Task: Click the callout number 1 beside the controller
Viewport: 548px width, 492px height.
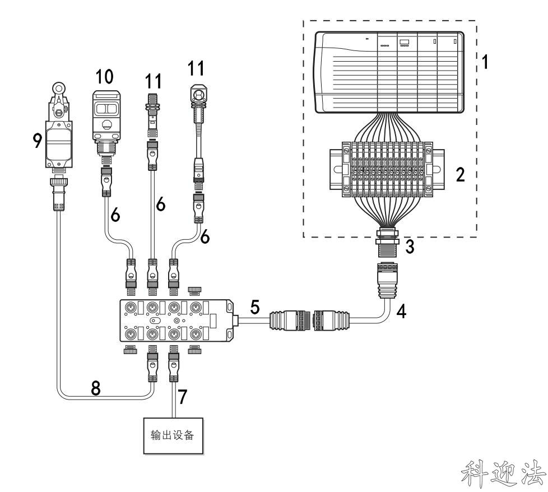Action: click(485, 62)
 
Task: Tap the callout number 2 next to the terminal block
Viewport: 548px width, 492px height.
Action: click(460, 174)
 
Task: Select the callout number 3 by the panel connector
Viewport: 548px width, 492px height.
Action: click(410, 247)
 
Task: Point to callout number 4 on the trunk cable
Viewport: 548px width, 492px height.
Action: click(402, 312)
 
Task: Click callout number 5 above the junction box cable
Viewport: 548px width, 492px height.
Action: click(255, 307)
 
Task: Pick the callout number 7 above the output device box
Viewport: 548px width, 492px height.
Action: click(183, 396)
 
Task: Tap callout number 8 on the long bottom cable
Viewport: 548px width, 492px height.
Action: click(95, 388)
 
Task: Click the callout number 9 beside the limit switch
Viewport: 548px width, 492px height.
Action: click(37, 141)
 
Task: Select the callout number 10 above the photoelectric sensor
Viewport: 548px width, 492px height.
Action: click(104, 77)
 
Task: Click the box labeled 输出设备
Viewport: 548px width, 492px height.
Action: click(173, 436)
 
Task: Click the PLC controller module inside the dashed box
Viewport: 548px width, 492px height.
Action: click(389, 72)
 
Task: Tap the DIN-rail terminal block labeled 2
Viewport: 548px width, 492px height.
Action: click(387, 169)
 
